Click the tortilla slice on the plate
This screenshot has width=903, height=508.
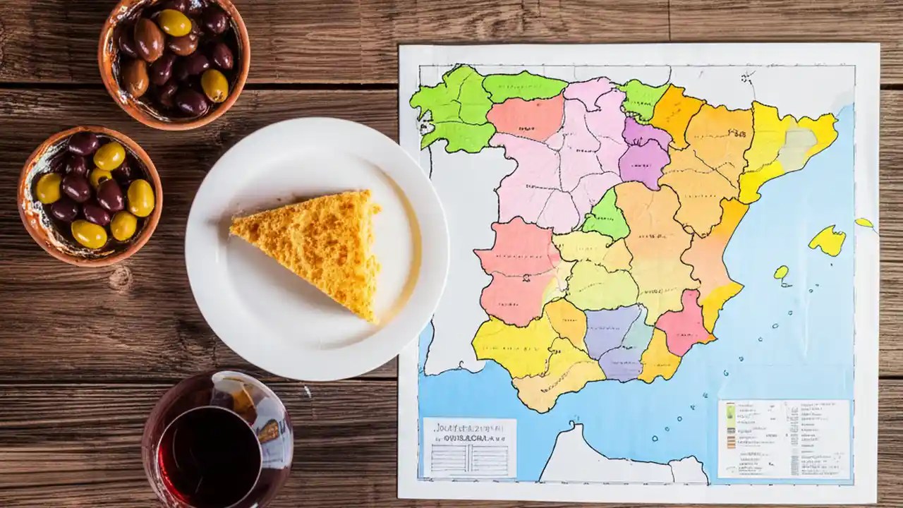point(317,243)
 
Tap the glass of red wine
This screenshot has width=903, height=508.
point(217,441)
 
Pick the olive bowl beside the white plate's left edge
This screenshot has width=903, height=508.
point(90,195)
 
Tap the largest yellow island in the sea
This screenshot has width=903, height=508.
point(828,241)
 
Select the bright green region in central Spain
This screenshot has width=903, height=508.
point(606,217)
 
